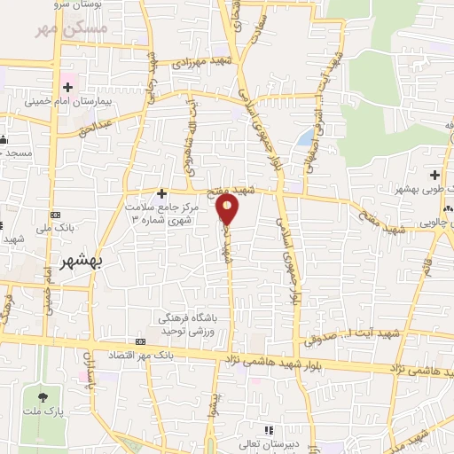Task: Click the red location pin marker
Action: [228, 209]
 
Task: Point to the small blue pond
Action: [306, 138]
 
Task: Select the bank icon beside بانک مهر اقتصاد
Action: [140, 342]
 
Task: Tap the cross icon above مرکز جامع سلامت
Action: [161, 192]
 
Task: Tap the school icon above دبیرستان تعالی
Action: [247, 439]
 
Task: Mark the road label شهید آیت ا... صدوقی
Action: [340, 338]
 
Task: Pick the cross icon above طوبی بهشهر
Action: [434, 175]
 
